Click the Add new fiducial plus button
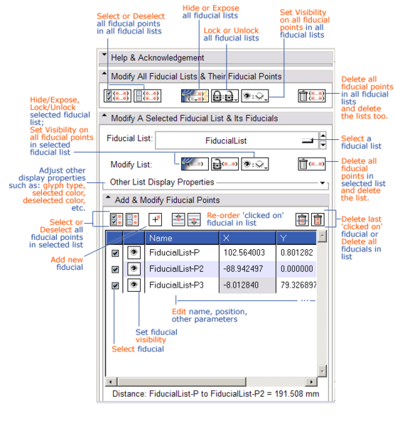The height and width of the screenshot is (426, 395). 155,220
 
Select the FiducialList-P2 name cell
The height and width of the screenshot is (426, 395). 180,268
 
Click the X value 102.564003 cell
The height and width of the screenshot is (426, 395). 244,251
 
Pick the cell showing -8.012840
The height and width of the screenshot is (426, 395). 244,285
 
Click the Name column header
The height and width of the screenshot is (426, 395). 180,237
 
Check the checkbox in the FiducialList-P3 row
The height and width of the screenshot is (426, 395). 116,285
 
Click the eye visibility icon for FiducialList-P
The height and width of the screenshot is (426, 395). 134,251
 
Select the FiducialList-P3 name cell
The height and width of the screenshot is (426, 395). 180,285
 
